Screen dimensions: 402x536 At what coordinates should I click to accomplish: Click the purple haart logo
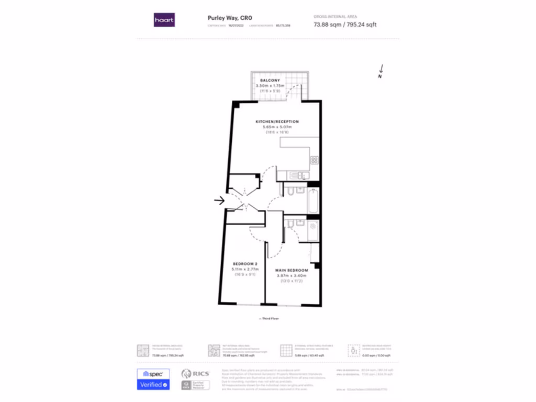point(164,20)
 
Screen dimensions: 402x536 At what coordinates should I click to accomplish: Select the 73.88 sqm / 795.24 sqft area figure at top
point(344,25)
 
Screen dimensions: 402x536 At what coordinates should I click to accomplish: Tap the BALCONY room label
point(270,80)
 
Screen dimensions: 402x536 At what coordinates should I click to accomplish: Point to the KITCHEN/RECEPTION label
point(277,121)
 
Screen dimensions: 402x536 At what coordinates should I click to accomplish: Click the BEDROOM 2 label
point(245,264)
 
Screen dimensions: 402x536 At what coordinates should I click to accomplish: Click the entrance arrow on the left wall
point(219,199)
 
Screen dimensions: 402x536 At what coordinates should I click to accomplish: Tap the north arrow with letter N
point(381,71)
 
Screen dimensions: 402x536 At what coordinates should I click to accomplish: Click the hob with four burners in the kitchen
point(314,160)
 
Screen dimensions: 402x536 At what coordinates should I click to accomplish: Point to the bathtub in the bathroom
point(313,199)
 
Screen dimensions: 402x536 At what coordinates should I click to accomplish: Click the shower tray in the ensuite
point(313,230)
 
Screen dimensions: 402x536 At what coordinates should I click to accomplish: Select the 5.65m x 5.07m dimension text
point(277,127)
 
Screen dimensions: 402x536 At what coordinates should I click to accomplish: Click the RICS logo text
point(201,374)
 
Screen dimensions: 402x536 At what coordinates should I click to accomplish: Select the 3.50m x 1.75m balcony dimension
point(270,85)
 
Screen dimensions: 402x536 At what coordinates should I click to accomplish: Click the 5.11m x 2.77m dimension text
point(245,269)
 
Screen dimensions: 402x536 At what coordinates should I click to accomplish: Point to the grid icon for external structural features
point(286,350)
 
